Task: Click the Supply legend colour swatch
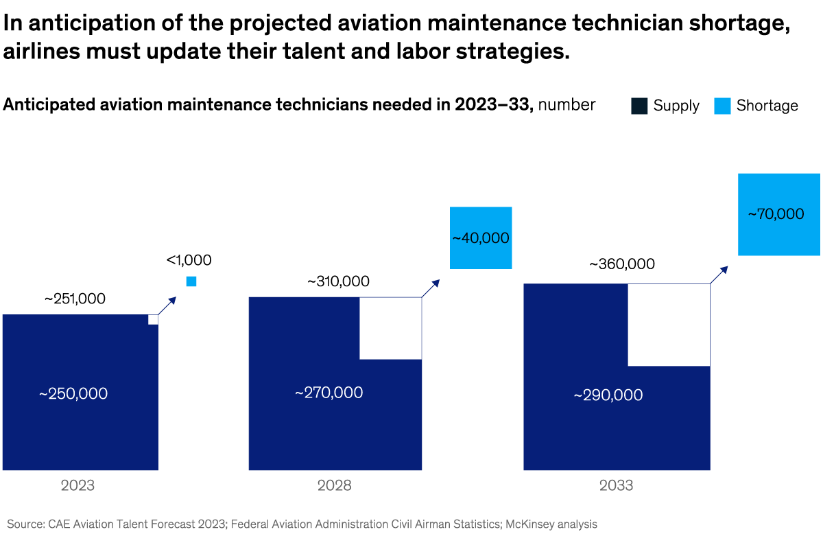coord(640,106)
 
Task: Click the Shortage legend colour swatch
coord(722,106)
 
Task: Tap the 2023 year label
coord(77,486)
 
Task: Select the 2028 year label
coord(334,486)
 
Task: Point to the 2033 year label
coord(616,486)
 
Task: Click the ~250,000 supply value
coord(73,395)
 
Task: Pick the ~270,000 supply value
coord(329,393)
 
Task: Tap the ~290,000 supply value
coord(608,395)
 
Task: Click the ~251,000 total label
coord(75,299)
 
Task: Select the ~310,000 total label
coord(338,281)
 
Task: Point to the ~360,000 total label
coord(622,264)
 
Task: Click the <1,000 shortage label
coord(189,260)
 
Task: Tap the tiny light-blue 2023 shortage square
coord(191,281)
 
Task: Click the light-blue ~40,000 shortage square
coord(481,238)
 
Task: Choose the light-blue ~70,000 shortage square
coord(778,214)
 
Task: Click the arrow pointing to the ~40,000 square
coord(430,288)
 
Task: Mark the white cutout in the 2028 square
coord(390,328)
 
